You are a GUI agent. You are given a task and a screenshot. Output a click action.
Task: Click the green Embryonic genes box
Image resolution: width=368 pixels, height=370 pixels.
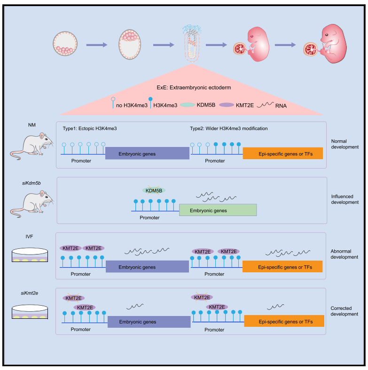[x=218, y=210]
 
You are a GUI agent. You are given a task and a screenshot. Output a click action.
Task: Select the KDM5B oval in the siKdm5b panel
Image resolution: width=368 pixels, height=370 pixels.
[x=154, y=191]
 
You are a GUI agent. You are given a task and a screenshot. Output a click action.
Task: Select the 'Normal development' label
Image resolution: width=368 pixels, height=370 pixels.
[x=345, y=144]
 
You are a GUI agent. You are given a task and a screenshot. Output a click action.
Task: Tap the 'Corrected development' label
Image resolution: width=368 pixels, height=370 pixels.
[x=345, y=310]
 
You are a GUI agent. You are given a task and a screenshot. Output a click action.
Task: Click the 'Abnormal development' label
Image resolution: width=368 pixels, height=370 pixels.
[x=345, y=254]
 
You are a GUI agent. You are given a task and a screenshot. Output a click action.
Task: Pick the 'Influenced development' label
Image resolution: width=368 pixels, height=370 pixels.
[x=345, y=199]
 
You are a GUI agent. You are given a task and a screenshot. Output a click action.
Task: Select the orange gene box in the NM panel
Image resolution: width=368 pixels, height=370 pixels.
[x=282, y=154]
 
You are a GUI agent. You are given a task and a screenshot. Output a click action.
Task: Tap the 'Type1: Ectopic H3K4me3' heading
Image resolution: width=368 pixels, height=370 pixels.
[x=90, y=128]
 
